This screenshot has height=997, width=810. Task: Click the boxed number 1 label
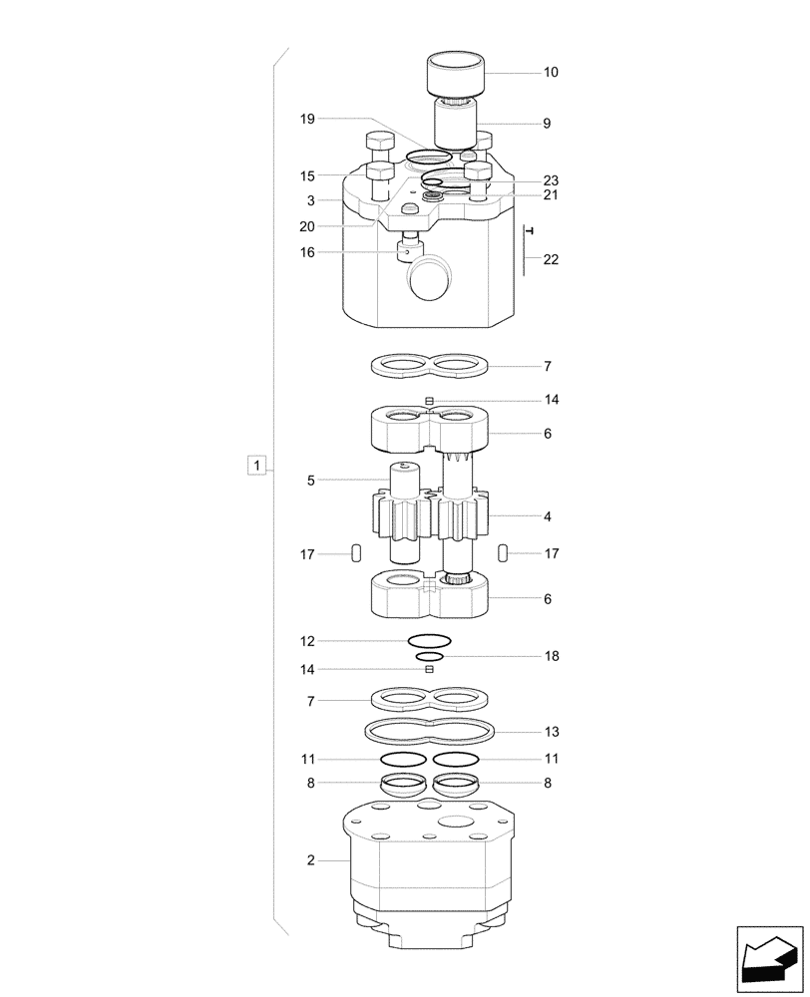tap(257, 466)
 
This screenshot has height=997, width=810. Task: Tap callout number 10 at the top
tap(551, 73)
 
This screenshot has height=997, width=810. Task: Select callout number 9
tap(547, 124)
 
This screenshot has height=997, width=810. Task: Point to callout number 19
tap(307, 119)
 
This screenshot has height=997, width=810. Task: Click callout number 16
tap(307, 253)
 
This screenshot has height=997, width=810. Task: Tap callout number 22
tap(551, 260)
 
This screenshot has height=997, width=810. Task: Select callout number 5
tap(311, 481)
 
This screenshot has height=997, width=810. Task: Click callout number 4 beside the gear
tap(547, 517)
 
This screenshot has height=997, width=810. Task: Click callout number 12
tap(307, 641)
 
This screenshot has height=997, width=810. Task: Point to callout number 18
tap(551, 657)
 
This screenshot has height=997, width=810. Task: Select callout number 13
tap(551, 731)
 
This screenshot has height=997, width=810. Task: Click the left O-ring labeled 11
tap(403, 759)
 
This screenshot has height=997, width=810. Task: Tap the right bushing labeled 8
tap(456, 785)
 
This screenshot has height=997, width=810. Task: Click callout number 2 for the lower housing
tap(311, 860)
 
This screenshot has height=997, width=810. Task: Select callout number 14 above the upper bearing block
tap(551, 400)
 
